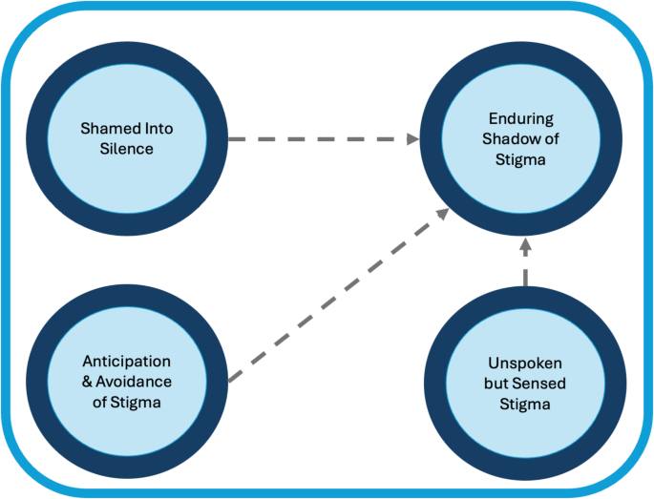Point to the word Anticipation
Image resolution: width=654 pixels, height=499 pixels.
click(126, 363)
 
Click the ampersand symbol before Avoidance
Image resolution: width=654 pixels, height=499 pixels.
click(87, 382)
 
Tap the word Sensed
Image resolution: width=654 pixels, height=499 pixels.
click(538, 385)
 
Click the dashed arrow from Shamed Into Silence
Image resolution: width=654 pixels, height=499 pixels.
click(315, 139)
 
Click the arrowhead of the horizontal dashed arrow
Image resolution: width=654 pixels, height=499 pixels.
click(412, 139)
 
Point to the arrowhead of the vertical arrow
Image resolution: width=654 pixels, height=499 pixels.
click(524, 247)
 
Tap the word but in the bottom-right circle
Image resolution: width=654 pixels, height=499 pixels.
click(497, 385)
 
